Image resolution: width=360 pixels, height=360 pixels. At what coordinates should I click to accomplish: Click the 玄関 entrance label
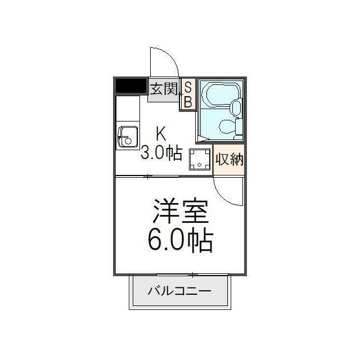164,89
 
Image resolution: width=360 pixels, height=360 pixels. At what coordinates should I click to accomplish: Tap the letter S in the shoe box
188,87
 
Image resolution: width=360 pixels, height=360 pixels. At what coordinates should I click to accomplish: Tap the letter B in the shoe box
188,102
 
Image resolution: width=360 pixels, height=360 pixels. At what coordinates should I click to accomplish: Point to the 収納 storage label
229,159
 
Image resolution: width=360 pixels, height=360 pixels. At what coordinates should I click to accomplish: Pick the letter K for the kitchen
161,134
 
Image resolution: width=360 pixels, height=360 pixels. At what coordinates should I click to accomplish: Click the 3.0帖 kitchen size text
161,153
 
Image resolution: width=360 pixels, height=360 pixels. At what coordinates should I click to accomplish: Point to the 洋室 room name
181,213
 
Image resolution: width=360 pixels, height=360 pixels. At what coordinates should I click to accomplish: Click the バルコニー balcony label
179,291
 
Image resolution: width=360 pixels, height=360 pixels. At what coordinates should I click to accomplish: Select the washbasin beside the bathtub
236,107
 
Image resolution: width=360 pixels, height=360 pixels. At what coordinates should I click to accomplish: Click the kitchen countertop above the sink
127,110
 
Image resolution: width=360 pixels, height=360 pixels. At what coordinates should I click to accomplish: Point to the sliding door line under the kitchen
147,177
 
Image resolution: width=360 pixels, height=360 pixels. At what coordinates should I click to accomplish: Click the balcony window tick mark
193,274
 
